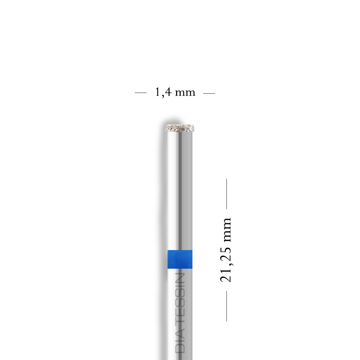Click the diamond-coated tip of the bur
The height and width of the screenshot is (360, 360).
[180, 128]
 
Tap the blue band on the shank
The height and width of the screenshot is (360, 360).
[180, 259]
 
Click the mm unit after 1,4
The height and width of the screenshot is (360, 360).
[185, 93]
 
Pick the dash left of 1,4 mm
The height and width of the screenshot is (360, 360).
[140, 93]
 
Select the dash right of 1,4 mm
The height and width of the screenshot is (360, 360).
[209, 93]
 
